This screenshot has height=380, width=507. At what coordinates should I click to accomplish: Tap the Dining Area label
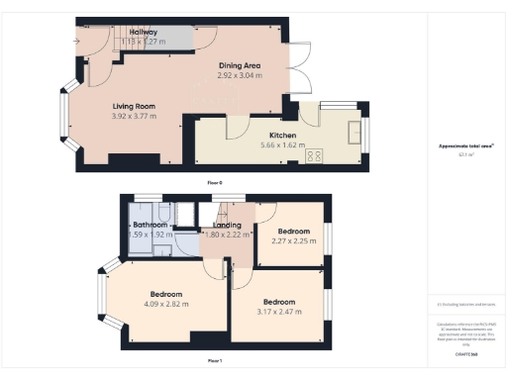pos(240,65)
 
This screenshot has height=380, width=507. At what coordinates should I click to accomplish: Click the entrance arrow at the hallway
pos(77,41)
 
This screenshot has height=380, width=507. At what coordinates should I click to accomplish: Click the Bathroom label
pos(152,225)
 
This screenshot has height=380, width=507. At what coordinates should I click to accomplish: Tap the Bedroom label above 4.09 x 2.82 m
pos(166,294)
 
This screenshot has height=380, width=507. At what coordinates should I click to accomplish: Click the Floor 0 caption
pos(215,183)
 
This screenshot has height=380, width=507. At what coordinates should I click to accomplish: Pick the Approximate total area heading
pos(466,145)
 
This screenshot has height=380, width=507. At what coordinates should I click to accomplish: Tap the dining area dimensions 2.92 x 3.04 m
pos(240,75)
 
